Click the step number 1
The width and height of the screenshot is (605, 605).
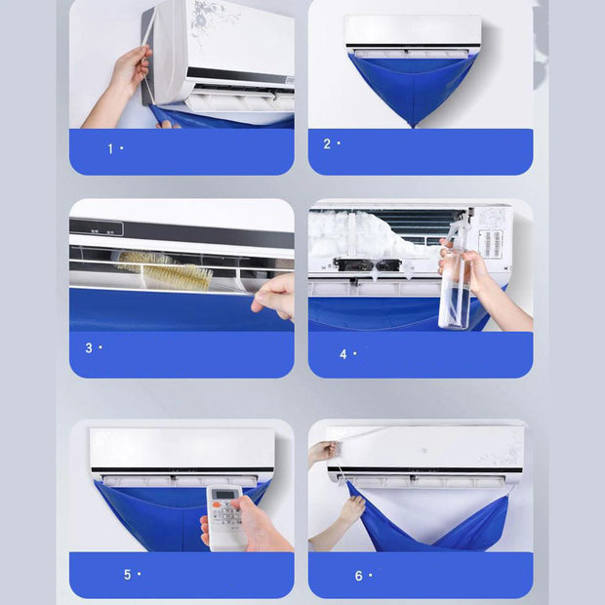pyautogui.click(x=110, y=148)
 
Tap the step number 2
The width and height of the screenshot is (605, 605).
pyautogui.click(x=327, y=143)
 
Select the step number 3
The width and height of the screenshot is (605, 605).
pyautogui.click(x=89, y=347)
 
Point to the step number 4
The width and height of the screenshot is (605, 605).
pyautogui.click(x=343, y=354)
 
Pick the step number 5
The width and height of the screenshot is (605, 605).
pyautogui.click(x=127, y=575)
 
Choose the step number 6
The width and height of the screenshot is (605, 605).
pyautogui.click(x=358, y=576)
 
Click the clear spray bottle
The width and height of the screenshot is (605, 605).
pyautogui.click(x=455, y=292)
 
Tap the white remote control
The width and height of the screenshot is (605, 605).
pyautogui.click(x=226, y=515)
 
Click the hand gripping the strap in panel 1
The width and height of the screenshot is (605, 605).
pyautogui.click(x=128, y=68)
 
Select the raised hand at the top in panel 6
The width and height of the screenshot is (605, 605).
pyautogui.click(x=321, y=452)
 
